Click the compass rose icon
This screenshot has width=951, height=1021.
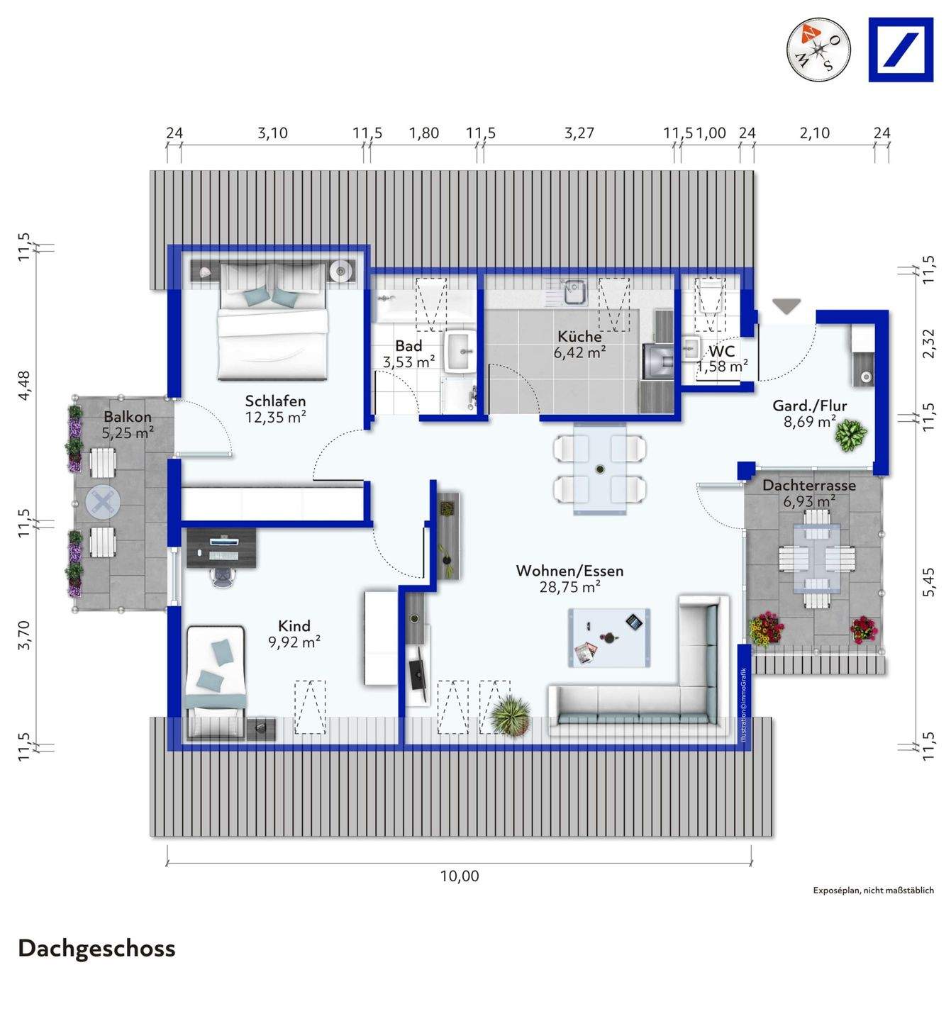[818, 50]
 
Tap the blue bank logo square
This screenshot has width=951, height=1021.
[901, 50]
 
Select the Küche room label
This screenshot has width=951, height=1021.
[579, 337]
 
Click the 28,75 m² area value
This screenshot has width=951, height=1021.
[570, 587]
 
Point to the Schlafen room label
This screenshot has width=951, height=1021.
[275, 401]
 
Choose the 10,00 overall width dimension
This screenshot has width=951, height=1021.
[460, 876]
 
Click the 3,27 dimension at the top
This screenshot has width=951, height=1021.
[579, 133]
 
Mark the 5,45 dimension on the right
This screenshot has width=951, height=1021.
[929, 583]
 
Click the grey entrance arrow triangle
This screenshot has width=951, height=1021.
[786, 306]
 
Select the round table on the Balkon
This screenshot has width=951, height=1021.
[103, 502]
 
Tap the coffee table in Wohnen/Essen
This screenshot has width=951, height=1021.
[608, 638]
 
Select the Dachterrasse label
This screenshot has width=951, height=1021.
[808, 485]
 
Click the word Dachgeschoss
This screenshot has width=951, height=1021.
[96, 949]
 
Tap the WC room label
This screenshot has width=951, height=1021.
[722, 352]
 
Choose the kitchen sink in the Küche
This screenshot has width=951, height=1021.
[573, 291]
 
